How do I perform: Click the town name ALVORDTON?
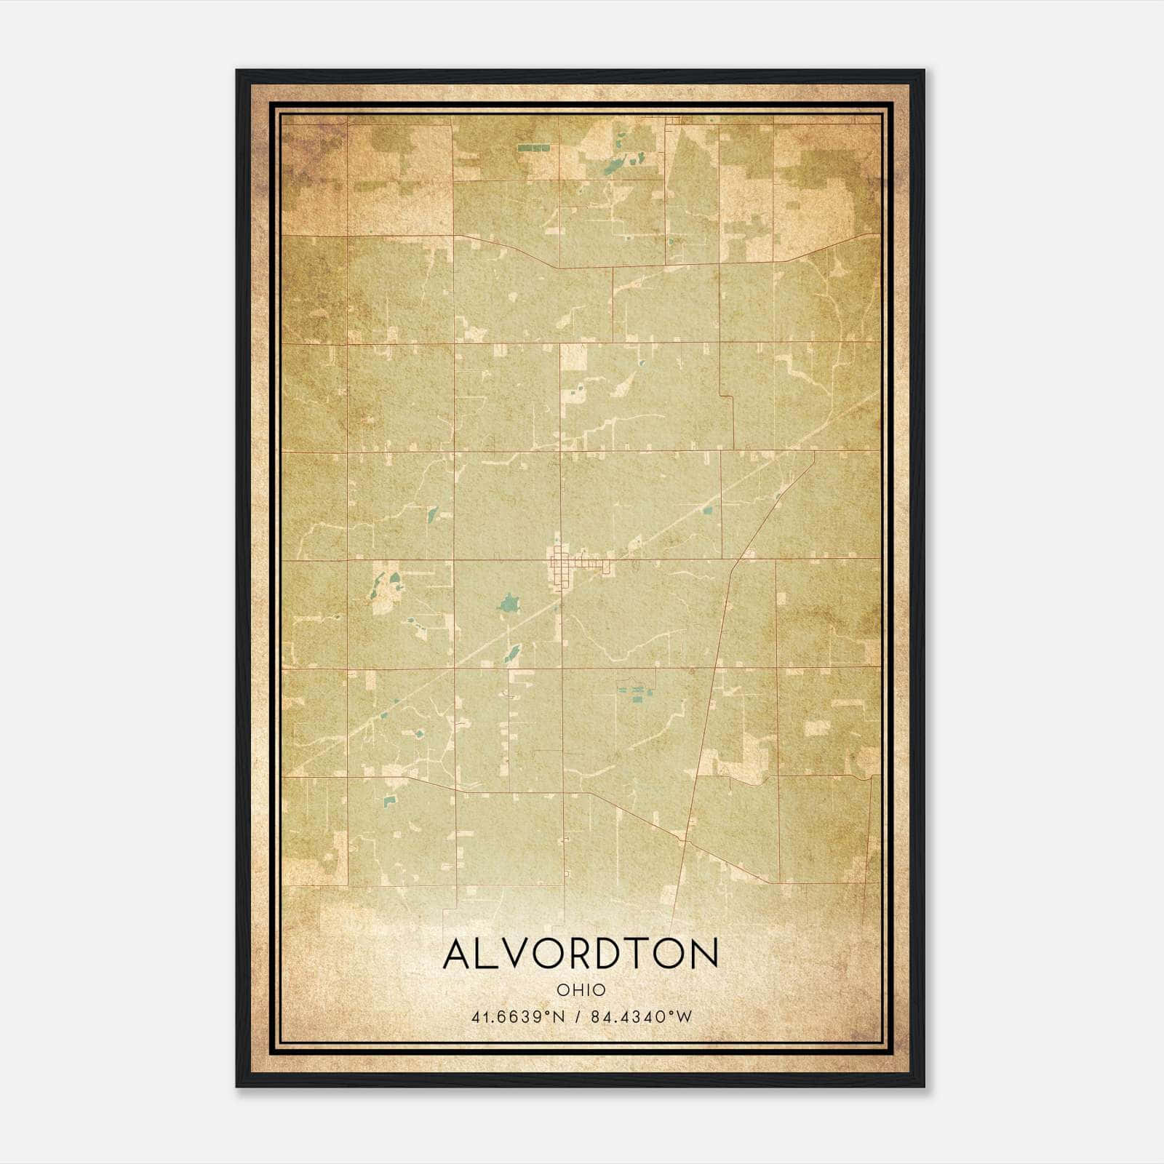pos(581,954)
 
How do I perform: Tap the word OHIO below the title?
pos(581,989)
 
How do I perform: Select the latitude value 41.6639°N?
pos(518,1016)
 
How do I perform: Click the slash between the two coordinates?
pos(578,1016)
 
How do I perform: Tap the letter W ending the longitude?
pos(683,1016)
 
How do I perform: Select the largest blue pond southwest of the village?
pos(508,603)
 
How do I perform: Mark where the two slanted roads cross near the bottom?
pos(685,841)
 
